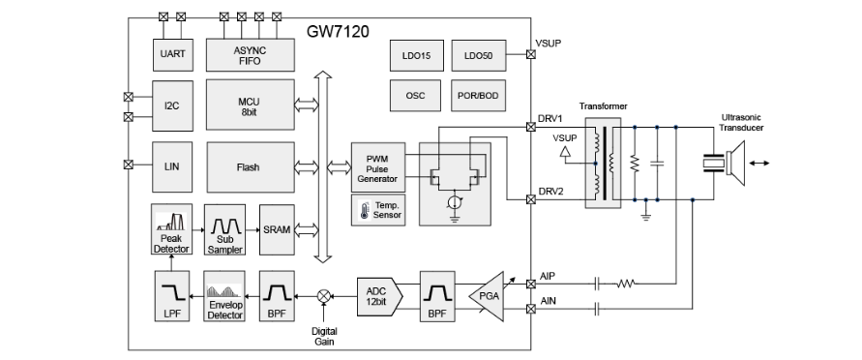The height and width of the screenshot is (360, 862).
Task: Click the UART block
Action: pyautogui.click(x=172, y=54)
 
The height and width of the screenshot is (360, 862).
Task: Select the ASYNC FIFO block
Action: pyautogui.click(x=251, y=54)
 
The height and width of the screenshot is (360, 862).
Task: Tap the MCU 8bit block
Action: pyautogui.click(x=251, y=105)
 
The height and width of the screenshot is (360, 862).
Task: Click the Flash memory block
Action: pyautogui.click(x=251, y=167)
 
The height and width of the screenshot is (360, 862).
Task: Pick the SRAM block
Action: pyautogui.click(x=277, y=229)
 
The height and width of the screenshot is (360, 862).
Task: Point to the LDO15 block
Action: pyautogui.click(x=416, y=55)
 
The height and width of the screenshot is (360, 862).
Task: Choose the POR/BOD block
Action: pyautogui.click(x=478, y=96)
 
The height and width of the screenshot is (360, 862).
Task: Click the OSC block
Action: pyautogui.click(x=416, y=96)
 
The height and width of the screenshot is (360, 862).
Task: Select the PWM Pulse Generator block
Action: pyautogui.click(x=378, y=166)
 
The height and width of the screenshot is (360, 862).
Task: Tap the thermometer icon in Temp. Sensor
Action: pyautogui.click(x=364, y=209)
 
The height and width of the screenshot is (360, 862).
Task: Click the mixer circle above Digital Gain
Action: pyautogui.click(x=324, y=297)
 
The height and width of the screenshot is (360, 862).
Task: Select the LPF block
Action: pyautogui.click(x=171, y=296)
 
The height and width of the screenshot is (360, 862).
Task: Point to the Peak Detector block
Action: pyautogui.click(x=171, y=229)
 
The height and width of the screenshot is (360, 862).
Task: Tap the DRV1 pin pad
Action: pyautogui.click(x=531, y=127)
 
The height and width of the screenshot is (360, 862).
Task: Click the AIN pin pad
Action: pyautogui.click(x=531, y=309)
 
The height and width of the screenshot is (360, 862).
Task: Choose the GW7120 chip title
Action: pyautogui.click(x=338, y=32)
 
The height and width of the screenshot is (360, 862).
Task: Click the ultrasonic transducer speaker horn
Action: pyautogui.click(x=735, y=163)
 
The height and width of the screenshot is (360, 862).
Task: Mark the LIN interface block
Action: pyautogui.click(x=172, y=166)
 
